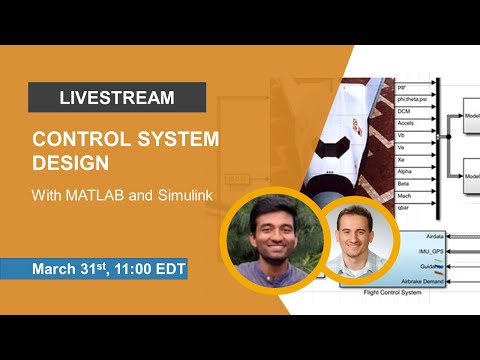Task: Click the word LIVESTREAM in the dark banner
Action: point(117,98)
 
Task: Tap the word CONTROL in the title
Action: point(75,140)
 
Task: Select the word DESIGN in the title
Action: point(68,161)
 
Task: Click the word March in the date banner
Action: point(56,269)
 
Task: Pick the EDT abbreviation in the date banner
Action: point(168,269)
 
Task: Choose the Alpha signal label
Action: point(405,172)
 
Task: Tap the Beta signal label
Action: point(404,185)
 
